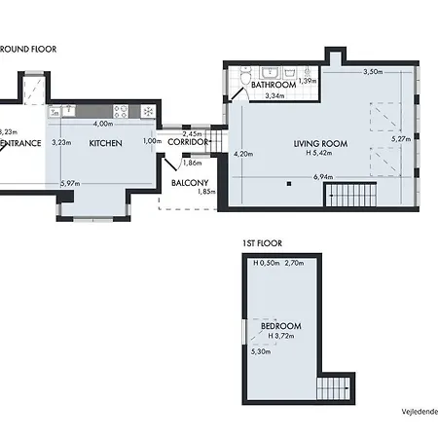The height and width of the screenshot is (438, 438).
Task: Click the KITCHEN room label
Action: click(104, 143)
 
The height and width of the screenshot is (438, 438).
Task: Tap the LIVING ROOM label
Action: click(322, 144)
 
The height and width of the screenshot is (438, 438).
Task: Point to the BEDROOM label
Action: click(280, 325)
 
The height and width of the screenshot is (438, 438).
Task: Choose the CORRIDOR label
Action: click(188, 142)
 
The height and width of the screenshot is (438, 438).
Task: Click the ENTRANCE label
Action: click(19, 143)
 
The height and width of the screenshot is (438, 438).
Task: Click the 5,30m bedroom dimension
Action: click(260, 351)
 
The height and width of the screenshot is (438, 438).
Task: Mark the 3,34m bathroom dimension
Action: click(274, 95)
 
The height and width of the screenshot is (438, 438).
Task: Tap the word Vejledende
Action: click(419, 412)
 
